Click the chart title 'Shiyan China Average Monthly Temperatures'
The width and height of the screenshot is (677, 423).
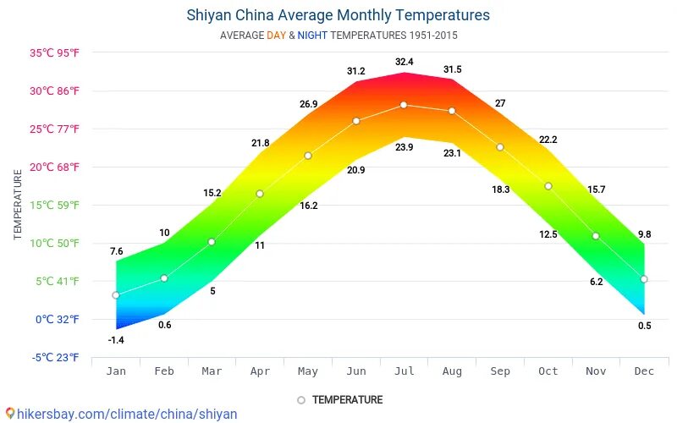coord(338,15)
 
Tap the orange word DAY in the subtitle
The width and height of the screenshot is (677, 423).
coord(276,36)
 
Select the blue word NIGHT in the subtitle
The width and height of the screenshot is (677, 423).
coord(311,36)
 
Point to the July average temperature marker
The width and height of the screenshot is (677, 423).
coord(404,105)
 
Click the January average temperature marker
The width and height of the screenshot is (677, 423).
coord(116,295)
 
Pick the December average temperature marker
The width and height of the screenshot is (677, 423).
coord(644,279)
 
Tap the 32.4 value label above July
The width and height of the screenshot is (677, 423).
coord(404,62)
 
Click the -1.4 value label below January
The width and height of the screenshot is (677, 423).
coord(116,340)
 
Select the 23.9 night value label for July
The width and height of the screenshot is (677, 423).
coord(404,148)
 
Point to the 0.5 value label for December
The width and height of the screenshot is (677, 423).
coord(644,326)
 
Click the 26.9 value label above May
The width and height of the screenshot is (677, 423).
coord(308,104)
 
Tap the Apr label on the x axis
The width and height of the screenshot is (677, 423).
coord(260,371)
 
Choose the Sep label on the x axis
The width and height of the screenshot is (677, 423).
coord(500,371)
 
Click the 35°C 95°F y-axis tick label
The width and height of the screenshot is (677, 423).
coord(55,52)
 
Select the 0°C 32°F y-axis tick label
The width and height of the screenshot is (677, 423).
coord(56,319)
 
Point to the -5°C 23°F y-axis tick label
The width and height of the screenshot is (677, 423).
coord(56,357)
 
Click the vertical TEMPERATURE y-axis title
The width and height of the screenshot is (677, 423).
coord(18,204)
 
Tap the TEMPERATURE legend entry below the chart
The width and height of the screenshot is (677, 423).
coord(347,399)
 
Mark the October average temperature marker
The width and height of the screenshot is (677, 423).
coord(548,186)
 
